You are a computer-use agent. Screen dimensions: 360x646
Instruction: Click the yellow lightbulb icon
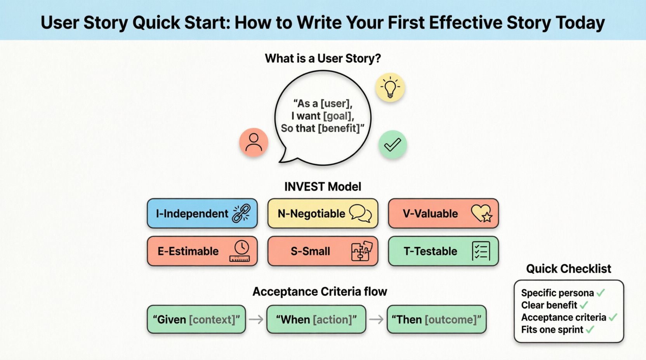(x=390, y=88)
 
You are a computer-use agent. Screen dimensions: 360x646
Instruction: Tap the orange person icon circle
(x=254, y=142)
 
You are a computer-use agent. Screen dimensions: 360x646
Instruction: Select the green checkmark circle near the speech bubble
(x=392, y=145)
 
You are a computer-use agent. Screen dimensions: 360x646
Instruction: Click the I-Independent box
(x=202, y=213)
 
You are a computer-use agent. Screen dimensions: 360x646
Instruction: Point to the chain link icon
(x=241, y=213)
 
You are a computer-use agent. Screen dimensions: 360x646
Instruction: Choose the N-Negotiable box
(x=323, y=213)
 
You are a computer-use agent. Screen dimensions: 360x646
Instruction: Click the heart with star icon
(x=481, y=213)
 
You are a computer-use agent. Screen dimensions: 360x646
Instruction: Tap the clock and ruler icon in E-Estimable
(x=240, y=251)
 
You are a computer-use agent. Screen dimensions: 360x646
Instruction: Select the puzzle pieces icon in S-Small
(x=361, y=251)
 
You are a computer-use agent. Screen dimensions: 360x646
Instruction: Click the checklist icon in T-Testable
(x=481, y=251)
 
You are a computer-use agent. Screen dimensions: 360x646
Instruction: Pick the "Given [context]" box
(x=196, y=319)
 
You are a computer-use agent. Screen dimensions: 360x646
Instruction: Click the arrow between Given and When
(x=256, y=319)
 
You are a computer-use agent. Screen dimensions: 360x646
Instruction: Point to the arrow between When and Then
(x=376, y=319)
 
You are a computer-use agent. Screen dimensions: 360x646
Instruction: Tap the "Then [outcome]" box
(x=436, y=319)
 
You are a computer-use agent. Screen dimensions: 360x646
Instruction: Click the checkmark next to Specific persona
(x=601, y=293)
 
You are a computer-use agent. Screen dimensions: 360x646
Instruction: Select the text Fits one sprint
(x=552, y=330)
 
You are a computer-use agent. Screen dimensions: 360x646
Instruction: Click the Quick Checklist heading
(x=568, y=268)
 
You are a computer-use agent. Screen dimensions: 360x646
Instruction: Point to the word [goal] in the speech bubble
(x=337, y=116)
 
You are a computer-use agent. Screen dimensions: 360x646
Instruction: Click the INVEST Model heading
(x=323, y=187)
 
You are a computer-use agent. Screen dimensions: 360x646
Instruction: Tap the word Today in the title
(x=580, y=22)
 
